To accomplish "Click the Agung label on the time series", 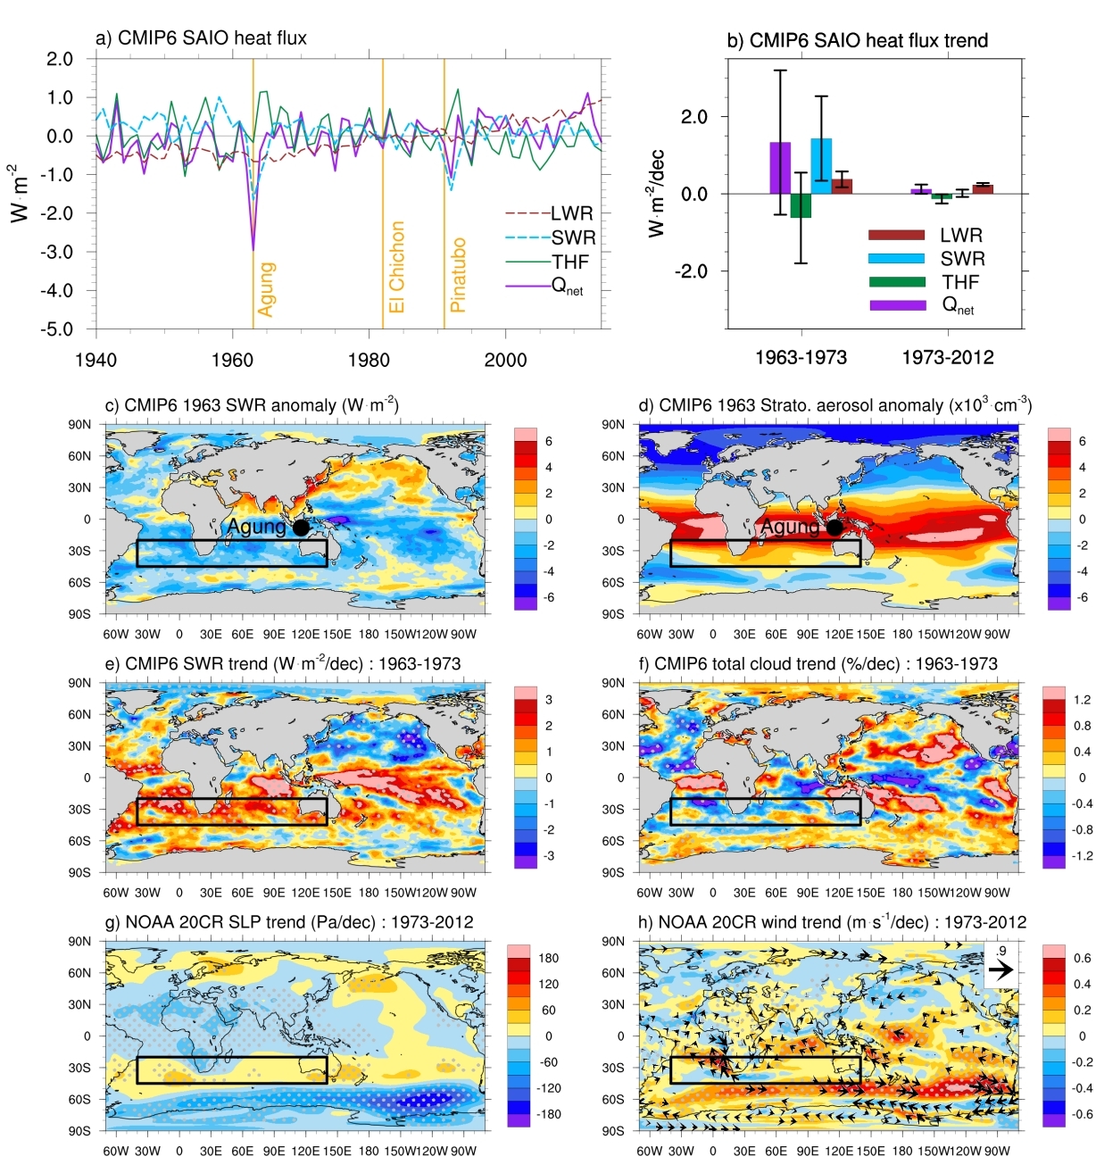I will pos(265,289).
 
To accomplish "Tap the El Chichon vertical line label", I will pos(396,267).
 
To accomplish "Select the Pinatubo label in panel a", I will pos(458,275).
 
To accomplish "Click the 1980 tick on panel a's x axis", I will pos(369,360).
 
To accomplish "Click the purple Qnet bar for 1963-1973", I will pos(780,168).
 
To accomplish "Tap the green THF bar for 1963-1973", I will pos(801,205).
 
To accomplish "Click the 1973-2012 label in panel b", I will pos(947,358).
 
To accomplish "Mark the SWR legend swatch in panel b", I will pos(896,259).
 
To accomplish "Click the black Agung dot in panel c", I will pos(301,528).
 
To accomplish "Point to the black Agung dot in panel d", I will pos(834,528).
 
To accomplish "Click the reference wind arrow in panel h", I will pos(1001,969).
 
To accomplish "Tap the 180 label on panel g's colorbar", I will pos(548,959).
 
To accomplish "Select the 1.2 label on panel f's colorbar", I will pos(1082,700).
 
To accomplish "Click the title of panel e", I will pos(283,664).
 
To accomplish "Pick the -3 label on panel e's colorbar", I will pos(549,856).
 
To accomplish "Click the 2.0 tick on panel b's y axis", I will pos(693,117).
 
